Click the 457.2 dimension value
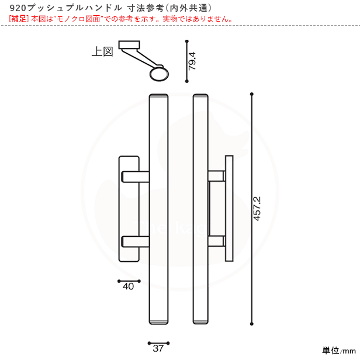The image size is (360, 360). pyautogui.click(x=257, y=209)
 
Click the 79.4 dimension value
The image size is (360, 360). pyautogui.click(x=192, y=61)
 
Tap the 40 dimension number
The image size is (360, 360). pyautogui.click(x=128, y=286)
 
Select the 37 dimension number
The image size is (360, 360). pyautogui.click(x=158, y=348)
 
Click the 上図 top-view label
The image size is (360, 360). pyautogui.click(x=102, y=51)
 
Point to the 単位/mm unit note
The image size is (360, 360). pyautogui.click(x=339, y=351)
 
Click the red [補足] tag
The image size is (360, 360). pyautogui.click(x=19, y=19)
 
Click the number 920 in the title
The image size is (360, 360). pyautogui.click(x=18, y=8)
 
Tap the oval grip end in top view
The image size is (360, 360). pyautogui.click(x=159, y=74)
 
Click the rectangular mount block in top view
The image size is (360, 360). pyautogui.click(x=129, y=45)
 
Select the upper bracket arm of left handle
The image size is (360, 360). pyautogui.click(x=135, y=176)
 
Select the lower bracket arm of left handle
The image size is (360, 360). pyautogui.click(x=135, y=241)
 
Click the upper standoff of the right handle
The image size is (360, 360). pyautogui.click(x=216, y=176)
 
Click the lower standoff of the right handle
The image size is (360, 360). pyautogui.click(x=216, y=241)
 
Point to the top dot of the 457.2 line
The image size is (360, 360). pyautogui.click(x=252, y=94)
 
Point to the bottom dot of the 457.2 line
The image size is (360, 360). pyautogui.click(x=252, y=324)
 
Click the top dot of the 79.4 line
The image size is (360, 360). pyautogui.click(x=187, y=41)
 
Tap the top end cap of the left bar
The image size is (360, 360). pyautogui.click(x=158, y=96)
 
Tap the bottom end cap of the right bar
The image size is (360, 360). pyautogui.click(x=200, y=322)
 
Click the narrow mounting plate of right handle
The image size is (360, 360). pyautogui.click(x=229, y=209)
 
